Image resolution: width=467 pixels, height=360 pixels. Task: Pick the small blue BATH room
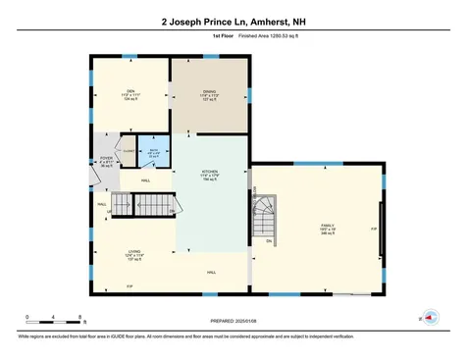(154, 152)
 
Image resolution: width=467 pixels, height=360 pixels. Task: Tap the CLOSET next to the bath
(130, 150)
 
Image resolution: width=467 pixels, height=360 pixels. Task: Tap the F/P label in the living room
(129, 285)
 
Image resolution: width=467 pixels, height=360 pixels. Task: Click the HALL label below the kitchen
(211, 272)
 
